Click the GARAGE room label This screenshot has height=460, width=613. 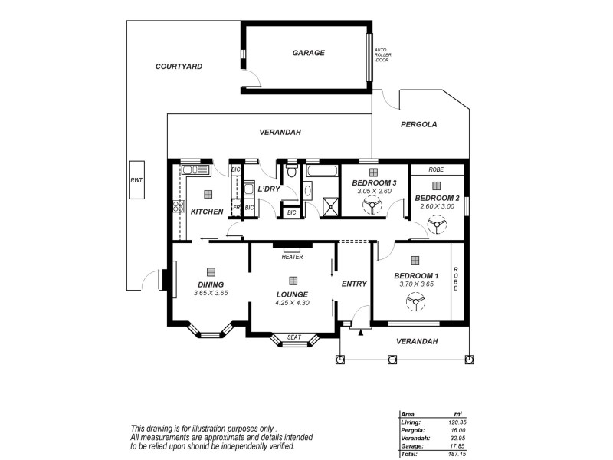[x=309, y=53]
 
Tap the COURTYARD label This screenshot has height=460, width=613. [x=179, y=67]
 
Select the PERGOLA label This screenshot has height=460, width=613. [x=418, y=123]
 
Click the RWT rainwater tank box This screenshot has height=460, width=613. [x=137, y=180]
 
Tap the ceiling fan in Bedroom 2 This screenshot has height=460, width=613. [x=436, y=224]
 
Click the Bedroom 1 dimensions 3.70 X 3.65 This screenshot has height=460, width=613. [x=416, y=284]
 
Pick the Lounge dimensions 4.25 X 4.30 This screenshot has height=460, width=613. [x=292, y=303]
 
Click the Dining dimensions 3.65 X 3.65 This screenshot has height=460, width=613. [x=210, y=293]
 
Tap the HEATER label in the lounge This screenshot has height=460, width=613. [x=292, y=258]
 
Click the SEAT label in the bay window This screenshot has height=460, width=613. [x=293, y=337]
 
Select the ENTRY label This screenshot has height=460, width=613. [x=354, y=284]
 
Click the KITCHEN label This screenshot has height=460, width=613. [x=207, y=212]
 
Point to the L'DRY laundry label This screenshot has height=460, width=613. [x=268, y=189]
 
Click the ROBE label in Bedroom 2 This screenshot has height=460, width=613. [x=436, y=169]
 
